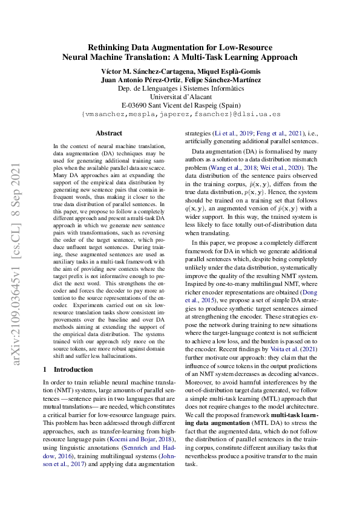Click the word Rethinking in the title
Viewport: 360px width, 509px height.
click(110, 46)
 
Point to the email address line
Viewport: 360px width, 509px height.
click(180, 113)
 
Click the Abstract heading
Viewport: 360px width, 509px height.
click(109, 133)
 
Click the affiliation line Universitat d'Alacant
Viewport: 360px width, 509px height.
click(180, 96)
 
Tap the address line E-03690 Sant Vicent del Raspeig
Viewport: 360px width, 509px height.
click(180, 104)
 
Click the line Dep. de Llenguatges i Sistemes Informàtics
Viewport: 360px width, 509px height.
click(180, 87)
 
